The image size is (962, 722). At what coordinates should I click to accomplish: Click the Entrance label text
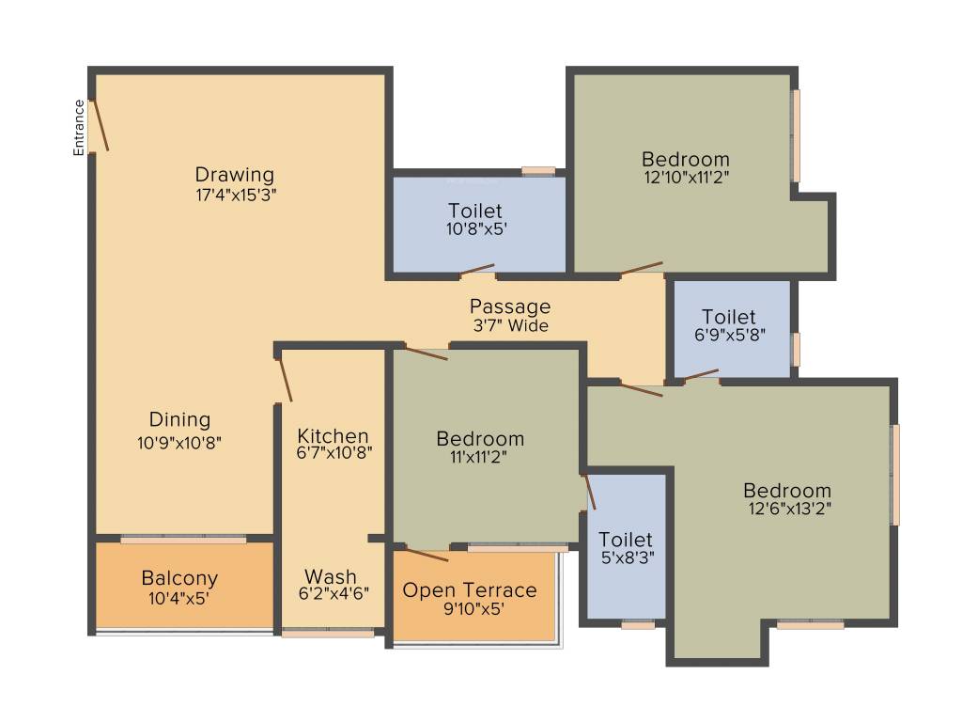coord(80,127)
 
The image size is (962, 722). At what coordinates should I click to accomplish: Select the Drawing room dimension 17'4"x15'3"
coord(235,196)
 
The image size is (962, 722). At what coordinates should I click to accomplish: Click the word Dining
coord(179,419)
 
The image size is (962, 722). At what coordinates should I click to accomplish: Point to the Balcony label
coord(179,578)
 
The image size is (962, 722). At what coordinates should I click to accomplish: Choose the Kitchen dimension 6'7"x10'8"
coord(334,452)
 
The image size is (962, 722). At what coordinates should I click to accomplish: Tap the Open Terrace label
coord(470,590)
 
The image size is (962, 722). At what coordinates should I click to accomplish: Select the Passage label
coord(510,306)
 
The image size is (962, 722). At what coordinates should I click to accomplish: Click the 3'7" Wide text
coord(510,325)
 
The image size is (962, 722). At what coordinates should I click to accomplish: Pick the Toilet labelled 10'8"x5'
coord(474,211)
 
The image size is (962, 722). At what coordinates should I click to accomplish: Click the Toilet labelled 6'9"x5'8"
coord(729,318)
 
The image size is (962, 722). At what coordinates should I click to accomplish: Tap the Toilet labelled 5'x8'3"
coord(626,540)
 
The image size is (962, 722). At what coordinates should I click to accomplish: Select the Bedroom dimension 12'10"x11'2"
coord(686,176)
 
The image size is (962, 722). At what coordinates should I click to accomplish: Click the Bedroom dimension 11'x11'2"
coord(480,459)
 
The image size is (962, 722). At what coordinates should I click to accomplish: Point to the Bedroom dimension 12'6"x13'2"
coord(787,509)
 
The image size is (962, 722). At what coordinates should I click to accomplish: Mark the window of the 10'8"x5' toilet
coord(538,171)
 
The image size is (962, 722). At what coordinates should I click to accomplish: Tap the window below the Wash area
coord(327,634)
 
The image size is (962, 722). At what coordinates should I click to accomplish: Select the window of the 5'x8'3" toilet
coord(638,624)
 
